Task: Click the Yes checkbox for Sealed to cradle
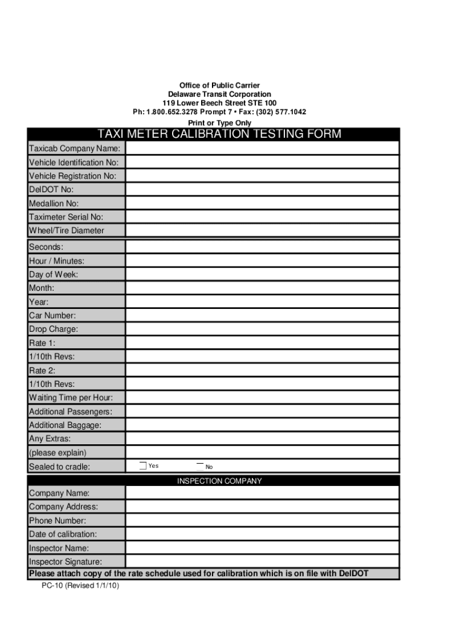pyautogui.click(x=143, y=465)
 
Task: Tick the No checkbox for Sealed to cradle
pyautogui.click(x=200, y=466)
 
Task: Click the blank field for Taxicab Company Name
pyautogui.click(x=262, y=148)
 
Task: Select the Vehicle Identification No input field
pyautogui.click(x=262, y=162)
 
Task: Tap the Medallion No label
pyautogui.click(x=54, y=203)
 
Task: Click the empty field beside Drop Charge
pyautogui.click(x=262, y=329)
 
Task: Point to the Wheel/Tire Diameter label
pyautogui.click(x=66, y=230)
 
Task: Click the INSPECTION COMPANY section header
pyautogui.click(x=219, y=481)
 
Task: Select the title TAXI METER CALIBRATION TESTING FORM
pyautogui.click(x=219, y=134)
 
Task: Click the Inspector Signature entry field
pyautogui.click(x=262, y=562)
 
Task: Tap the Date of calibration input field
pyautogui.click(x=262, y=534)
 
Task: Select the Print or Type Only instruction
pyautogui.click(x=219, y=123)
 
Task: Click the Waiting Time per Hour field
pyautogui.click(x=262, y=397)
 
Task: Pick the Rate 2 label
pyautogui.click(x=42, y=370)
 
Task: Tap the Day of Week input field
pyautogui.click(x=262, y=274)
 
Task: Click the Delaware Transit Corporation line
pyautogui.click(x=219, y=94)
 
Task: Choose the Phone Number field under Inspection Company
pyautogui.click(x=262, y=520)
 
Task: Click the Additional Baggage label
pyautogui.click(x=65, y=425)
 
